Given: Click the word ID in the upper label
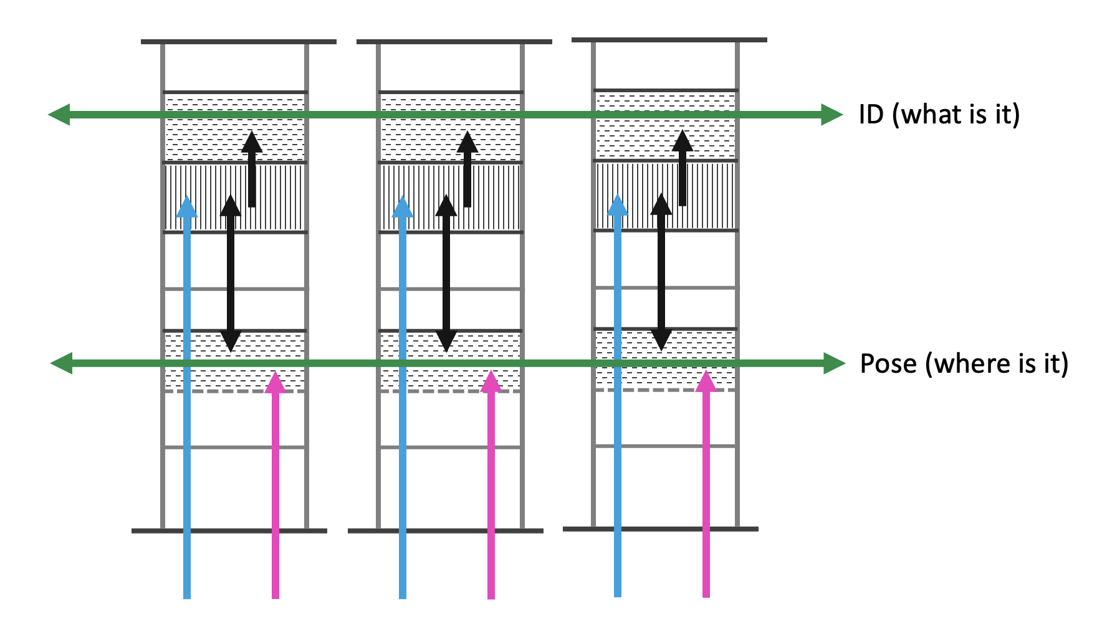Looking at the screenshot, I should [x=871, y=114].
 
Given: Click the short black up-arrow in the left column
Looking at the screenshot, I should [x=252, y=142].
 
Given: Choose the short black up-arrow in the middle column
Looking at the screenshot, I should [x=467, y=142].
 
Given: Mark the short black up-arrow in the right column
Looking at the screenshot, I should [x=683, y=141].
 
